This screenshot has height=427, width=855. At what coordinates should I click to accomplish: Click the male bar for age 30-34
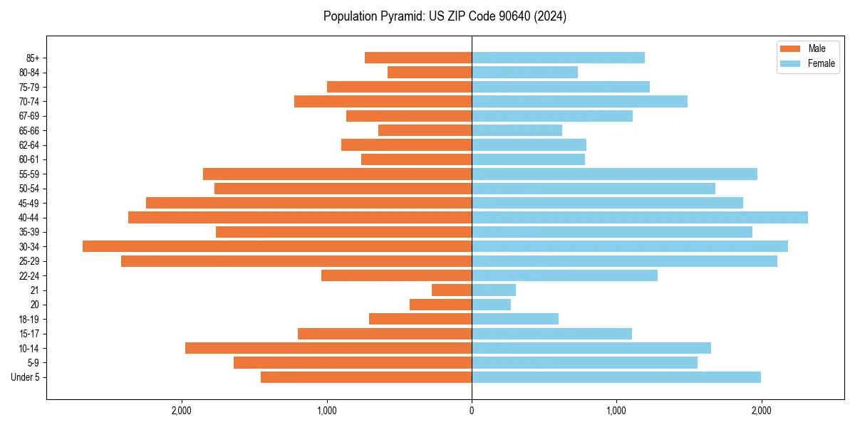(x=277, y=246)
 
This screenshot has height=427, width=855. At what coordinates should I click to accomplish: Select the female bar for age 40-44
(x=639, y=217)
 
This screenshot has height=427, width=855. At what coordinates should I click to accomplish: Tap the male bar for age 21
(x=452, y=290)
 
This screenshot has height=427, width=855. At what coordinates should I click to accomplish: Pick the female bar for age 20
(x=491, y=305)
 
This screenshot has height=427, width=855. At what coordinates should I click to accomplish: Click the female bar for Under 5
(x=616, y=377)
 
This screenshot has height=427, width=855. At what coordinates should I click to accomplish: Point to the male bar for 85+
(x=418, y=58)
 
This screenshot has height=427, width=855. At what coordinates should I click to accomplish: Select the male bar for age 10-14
(x=328, y=348)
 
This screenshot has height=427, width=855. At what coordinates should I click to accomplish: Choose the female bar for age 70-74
(x=579, y=101)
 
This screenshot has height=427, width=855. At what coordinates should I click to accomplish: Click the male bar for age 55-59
(x=337, y=174)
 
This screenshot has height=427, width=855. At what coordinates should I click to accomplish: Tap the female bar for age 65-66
(x=517, y=130)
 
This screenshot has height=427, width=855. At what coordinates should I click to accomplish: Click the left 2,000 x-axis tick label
(x=182, y=411)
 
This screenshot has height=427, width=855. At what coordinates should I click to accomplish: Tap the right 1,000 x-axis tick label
(x=616, y=411)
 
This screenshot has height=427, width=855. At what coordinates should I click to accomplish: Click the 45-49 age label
(x=29, y=203)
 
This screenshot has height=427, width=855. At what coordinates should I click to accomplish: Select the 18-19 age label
(x=29, y=320)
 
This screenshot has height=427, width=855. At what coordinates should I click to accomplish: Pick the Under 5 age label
(x=26, y=377)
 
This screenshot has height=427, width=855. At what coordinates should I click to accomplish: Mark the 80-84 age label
(x=29, y=73)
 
